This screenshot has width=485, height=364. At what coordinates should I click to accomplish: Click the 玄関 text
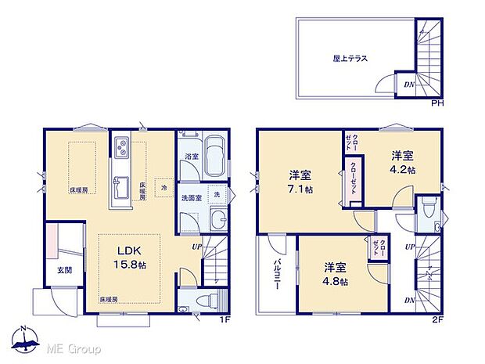coord(63,270)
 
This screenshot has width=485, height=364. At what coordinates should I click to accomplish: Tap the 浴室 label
coord(191,157)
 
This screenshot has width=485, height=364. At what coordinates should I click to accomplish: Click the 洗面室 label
coord(192,197)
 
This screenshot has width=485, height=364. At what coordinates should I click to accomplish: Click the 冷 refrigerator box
coord(164,188)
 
